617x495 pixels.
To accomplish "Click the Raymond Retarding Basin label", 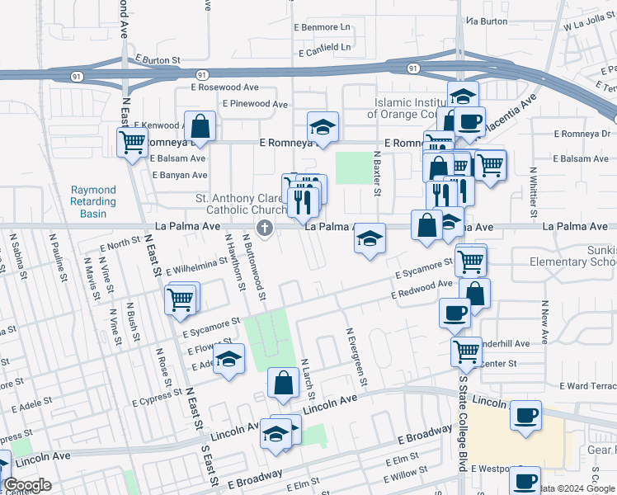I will (x=93, y=201).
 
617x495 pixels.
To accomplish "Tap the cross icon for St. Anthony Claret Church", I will (x=265, y=229).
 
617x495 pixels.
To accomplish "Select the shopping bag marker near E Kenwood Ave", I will (x=200, y=127).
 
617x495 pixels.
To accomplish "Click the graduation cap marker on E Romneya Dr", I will (x=323, y=127).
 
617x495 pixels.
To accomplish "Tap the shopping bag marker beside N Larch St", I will (x=283, y=384).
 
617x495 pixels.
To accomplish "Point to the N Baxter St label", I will (x=377, y=173).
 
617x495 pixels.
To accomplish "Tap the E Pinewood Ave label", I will (x=254, y=104).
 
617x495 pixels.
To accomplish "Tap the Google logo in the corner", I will (x=27, y=485).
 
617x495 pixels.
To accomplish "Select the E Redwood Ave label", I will (x=422, y=289).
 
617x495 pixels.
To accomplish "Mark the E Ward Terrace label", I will (x=587, y=386).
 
